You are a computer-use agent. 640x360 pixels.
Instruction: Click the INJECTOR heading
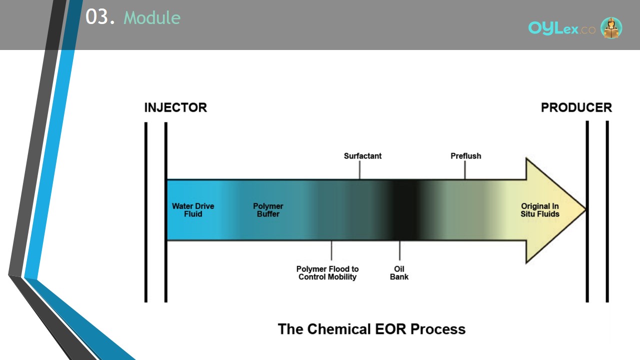tap(175, 107)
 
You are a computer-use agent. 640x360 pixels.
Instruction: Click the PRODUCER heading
tap(576, 107)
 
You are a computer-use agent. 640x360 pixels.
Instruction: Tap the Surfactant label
tap(362, 156)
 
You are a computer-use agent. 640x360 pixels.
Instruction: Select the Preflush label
tap(465, 156)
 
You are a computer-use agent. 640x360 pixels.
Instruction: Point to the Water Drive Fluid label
tap(193, 210)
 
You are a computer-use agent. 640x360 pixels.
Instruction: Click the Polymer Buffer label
tap(268, 210)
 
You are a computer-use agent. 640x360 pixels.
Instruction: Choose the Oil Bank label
tap(399, 273)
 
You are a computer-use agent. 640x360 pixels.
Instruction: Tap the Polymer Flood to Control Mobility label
tap(327, 273)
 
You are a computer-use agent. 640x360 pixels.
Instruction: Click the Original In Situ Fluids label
tap(539, 210)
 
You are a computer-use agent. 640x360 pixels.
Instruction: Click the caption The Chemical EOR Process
tap(371, 329)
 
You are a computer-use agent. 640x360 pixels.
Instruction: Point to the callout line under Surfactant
tap(359, 170)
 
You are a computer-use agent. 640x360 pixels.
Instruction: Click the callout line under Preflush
tap(465, 170)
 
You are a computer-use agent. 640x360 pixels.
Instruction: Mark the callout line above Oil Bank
tap(399, 250)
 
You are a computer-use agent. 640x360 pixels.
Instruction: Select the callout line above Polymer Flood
tap(331, 250)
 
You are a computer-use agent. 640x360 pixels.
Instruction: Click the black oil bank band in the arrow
tap(405, 210)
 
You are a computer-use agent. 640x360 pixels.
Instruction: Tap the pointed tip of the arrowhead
tap(585, 210)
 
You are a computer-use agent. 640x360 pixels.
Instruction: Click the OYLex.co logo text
tap(561, 28)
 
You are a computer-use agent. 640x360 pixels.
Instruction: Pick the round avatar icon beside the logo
tap(611, 27)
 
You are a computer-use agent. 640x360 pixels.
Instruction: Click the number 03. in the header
tap(100, 16)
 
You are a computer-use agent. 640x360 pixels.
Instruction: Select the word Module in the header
tap(152, 17)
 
